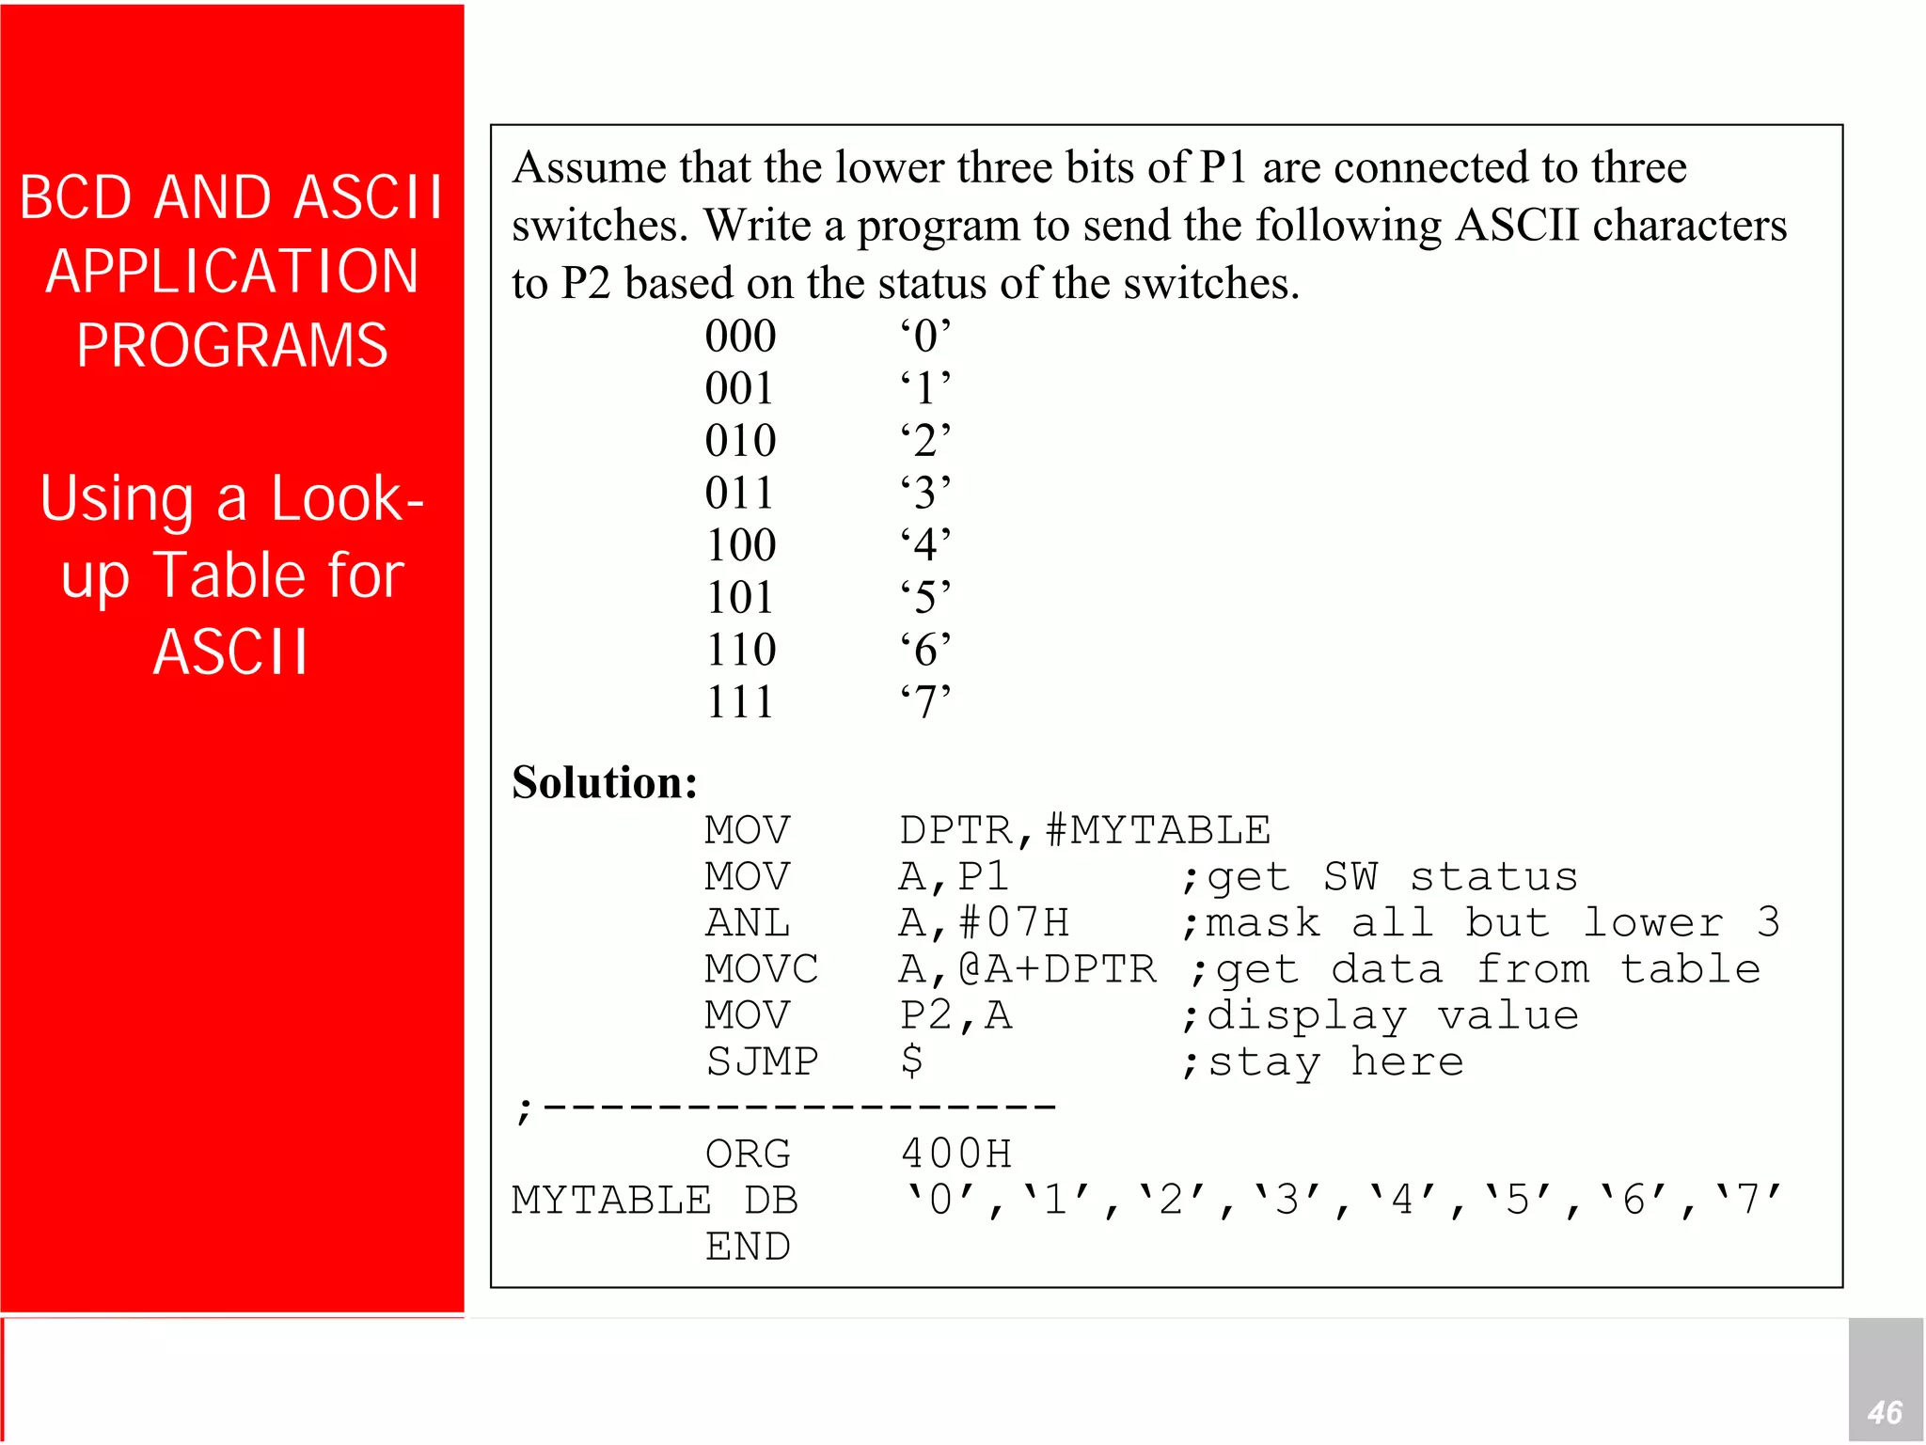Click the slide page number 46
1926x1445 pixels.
point(1885,1412)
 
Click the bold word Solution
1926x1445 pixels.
point(604,782)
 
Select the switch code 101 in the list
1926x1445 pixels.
point(740,597)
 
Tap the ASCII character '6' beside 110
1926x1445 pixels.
point(925,650)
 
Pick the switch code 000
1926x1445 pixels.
point(740,336)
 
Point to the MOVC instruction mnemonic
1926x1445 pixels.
point(762,969)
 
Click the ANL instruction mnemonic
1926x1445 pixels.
point(748,923)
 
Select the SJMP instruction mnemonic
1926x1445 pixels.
point(762,1061)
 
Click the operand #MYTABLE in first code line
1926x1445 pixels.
point(1158,830)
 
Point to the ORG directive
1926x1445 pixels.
point(748,1154)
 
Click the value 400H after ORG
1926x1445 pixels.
point(956,1154)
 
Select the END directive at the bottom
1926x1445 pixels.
point(748,1247)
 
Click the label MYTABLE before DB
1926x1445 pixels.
point(611,1201)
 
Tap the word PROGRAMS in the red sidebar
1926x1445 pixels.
point(232,345)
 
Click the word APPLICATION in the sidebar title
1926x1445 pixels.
point(232,272)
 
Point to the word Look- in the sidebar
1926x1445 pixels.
point(347,498)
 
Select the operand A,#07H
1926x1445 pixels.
point(984,923)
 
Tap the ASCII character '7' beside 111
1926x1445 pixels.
point(925,701)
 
